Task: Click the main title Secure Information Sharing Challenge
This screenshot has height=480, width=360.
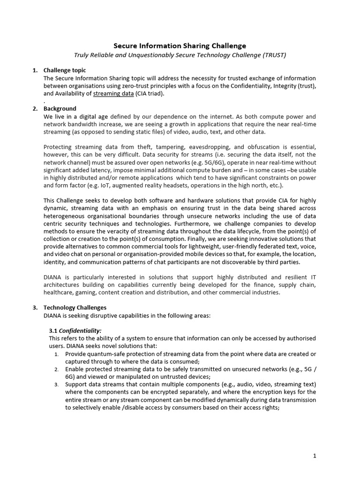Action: click(x=180, y=45)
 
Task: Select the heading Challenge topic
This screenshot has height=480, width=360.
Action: click(x=65, y=70)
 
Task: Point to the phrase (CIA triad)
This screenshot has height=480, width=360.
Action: click(x=150, y=93)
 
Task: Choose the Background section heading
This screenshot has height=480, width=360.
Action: click(x=60, y=109)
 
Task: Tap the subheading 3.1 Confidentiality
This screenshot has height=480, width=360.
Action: click(x=75, y=330)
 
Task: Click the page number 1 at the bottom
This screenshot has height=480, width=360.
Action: click(x=315, y=456)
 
